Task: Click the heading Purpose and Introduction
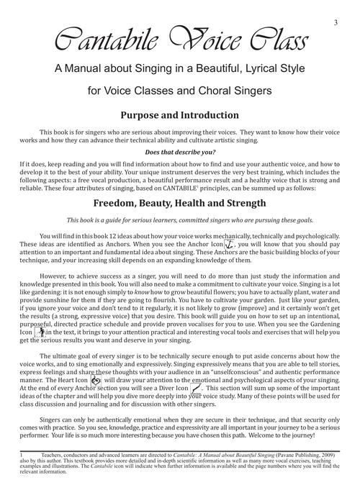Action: pyautogui.click(x=180, y=114)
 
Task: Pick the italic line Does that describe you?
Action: pyautogui.click(x=180, y=153)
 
